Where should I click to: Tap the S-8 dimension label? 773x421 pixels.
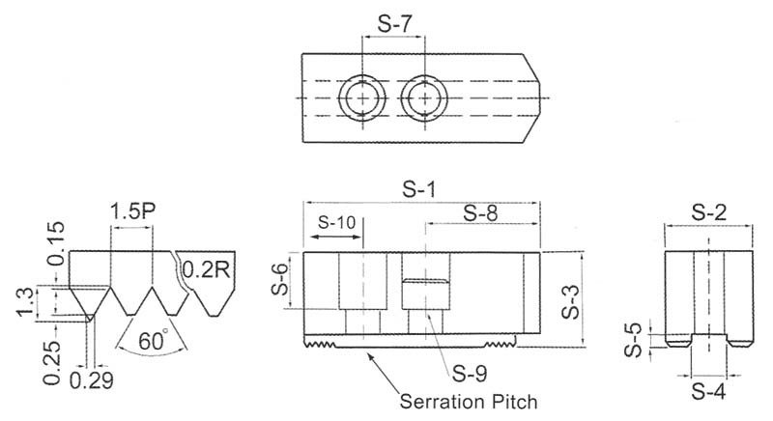coord(481,215)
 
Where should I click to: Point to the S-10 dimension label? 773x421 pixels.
coord(337,221)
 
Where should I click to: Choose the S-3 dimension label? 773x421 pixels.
coord(570,299)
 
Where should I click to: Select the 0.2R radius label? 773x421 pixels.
coord(206,270)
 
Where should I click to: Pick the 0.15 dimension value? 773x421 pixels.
coord(55,238)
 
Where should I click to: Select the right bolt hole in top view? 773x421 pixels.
coord(426,98)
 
